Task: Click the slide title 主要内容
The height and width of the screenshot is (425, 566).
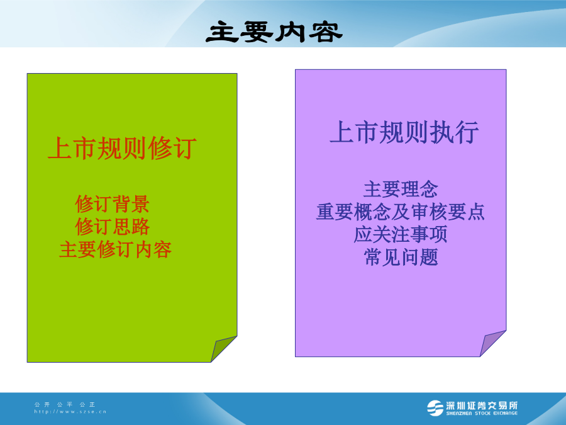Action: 274,32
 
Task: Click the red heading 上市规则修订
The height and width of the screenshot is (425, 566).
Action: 122,148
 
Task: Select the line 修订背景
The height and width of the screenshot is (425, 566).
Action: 113,204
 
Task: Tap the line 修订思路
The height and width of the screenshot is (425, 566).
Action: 113,227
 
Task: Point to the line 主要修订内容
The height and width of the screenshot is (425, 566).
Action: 115,250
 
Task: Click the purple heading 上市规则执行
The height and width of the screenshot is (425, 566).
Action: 404,132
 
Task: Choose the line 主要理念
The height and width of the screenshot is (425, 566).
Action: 401,190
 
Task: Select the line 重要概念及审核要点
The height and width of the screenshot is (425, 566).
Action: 401,212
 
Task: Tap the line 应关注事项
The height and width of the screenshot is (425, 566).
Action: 401,235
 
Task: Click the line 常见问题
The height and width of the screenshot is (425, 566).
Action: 401,258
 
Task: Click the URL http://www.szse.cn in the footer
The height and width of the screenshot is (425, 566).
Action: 70,412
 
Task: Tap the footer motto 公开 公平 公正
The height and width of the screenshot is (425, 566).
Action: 65,404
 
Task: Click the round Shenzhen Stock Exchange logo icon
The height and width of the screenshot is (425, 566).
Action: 435,409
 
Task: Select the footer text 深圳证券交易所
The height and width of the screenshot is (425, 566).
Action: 482,405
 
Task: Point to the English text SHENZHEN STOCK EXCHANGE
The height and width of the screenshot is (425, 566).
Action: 482,413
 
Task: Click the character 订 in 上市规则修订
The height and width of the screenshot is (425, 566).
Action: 184,148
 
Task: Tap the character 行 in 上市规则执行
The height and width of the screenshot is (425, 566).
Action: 467,132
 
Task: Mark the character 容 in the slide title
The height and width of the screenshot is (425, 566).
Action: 326,32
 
